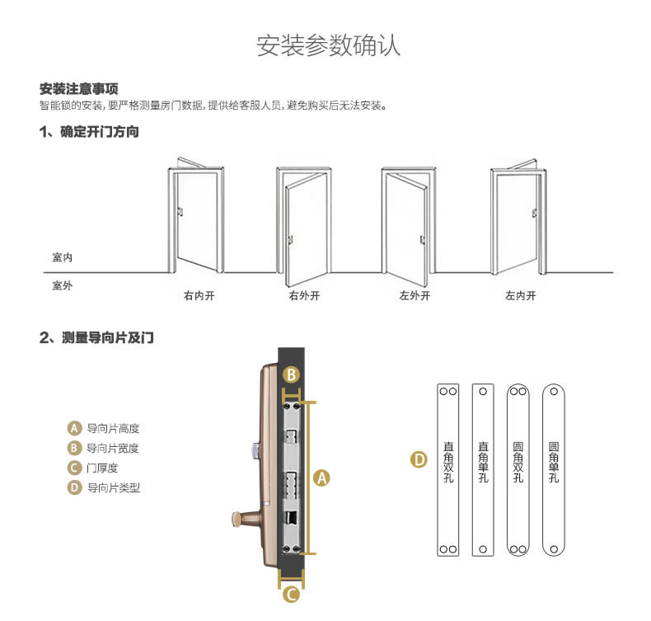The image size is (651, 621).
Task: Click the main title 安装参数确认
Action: click(329, 45)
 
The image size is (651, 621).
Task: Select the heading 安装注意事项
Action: click(79, 89)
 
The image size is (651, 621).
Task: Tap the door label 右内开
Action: click(199, 295)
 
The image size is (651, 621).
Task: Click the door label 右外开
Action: click(304, 295)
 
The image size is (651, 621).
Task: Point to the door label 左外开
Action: click(414, 295)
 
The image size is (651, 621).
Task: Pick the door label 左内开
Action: click(520, 295)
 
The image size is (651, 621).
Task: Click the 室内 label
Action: click(63, 258)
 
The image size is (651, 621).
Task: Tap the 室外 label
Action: click(63, 285)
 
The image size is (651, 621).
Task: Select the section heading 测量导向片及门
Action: click(97, 337)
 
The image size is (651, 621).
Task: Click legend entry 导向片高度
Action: click(112, 429)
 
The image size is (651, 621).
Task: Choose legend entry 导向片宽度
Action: click(112, 449)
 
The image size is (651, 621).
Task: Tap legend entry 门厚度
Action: click(101, 468)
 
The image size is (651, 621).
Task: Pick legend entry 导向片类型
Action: click(112, 487)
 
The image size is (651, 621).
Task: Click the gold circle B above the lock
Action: click(291, 374)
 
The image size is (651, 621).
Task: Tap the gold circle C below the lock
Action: click(291, 594)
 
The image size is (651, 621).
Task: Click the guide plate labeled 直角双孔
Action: click(447, 469)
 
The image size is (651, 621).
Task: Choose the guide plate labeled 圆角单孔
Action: click(554, 469)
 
